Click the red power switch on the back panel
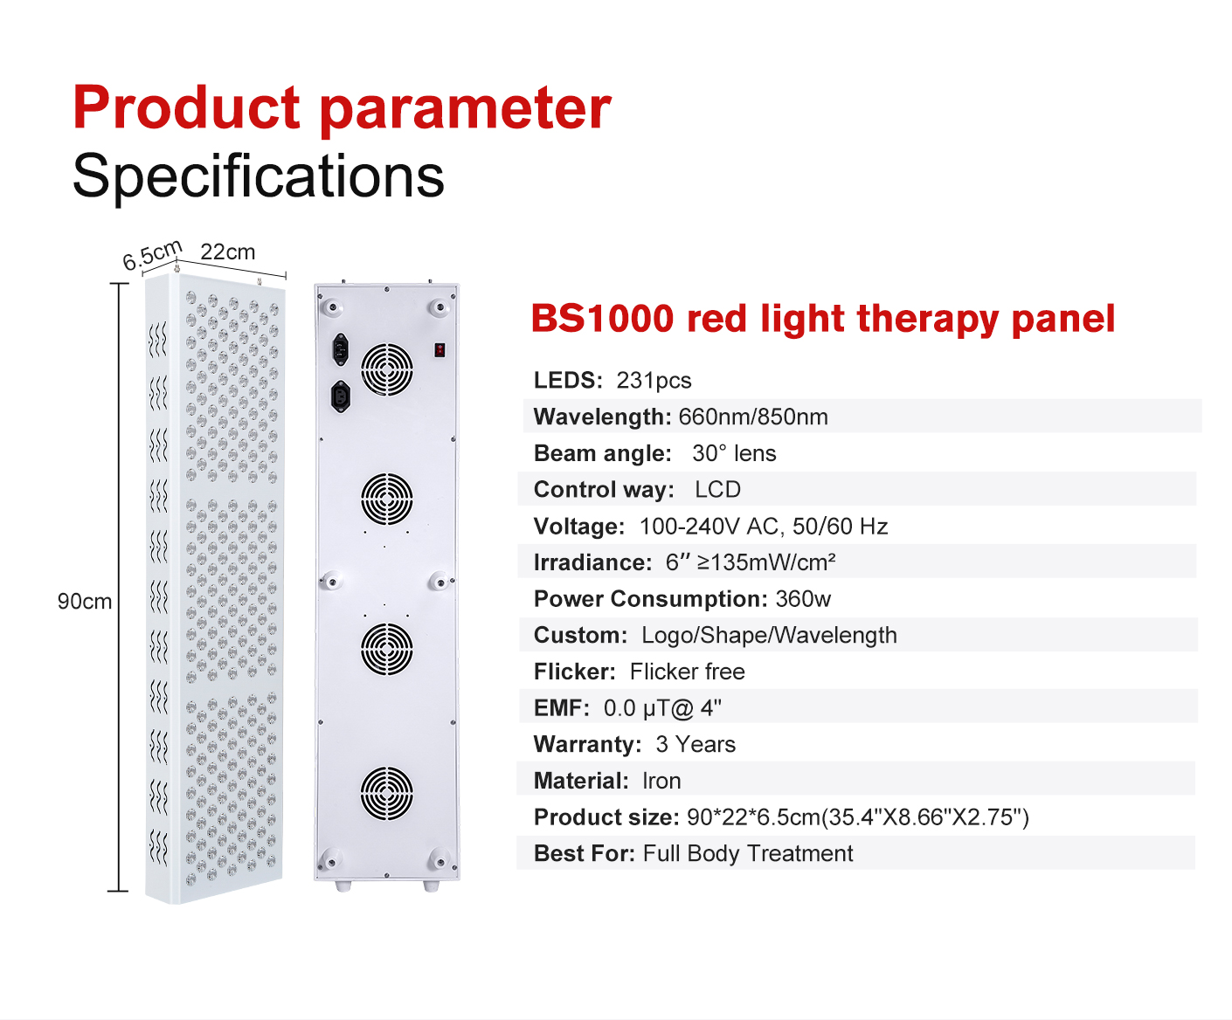(x=440, y=350)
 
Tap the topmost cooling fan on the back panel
(x=387, y=369)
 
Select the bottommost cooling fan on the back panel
(x=387, y=793)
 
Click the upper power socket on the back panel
(x=341, y=349)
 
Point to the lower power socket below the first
(x=341, y=396)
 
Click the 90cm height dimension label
(x=85, y=601)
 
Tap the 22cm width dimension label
(x=228, y=252)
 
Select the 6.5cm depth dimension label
(x=152, y=255)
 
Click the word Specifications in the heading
(x=258, y=176)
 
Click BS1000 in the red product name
(x=602, y=319)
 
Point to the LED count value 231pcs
(x=654, y=381)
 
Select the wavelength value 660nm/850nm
(x=753, y=417)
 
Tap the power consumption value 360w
(x=803, y=599)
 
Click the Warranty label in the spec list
(x=587, y=745)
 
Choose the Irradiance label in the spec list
(x=592, y=562)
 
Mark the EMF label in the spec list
(x=561, y=708)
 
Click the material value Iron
(x=661, y=781)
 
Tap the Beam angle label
(x=602, y=453)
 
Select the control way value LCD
(x=717, y=490)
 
